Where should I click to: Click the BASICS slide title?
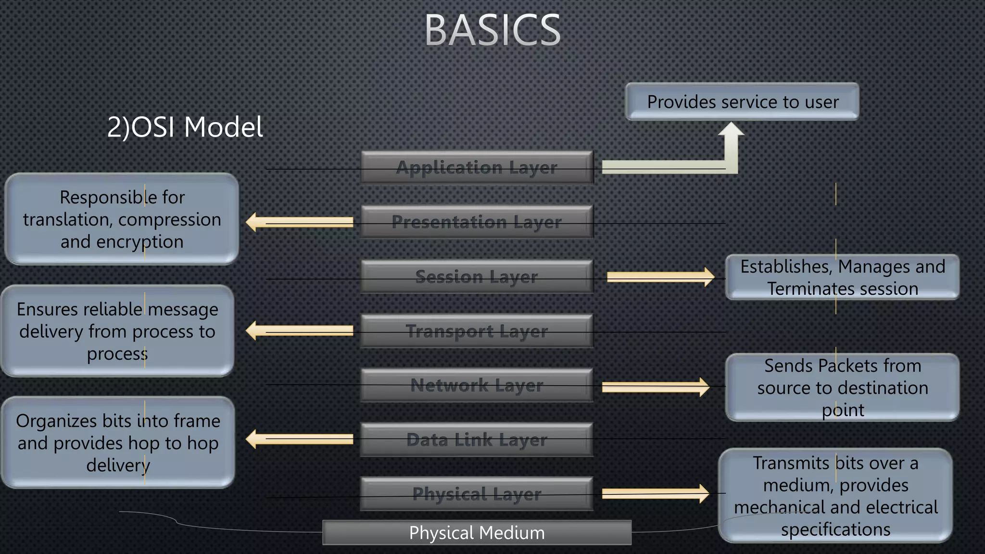(492, 31)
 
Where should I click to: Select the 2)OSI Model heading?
(185, 127)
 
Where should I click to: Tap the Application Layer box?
(477, 167)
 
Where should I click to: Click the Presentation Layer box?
(477, 222)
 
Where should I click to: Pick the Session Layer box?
(477, 277)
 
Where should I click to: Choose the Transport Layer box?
(477, 331)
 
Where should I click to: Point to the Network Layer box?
(477, 385)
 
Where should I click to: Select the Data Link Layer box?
(477, 440)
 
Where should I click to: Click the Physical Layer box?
(477, 494)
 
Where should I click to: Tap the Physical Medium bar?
(477, 533)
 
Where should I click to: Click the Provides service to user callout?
(742, 102)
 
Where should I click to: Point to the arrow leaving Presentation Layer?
(301, 222)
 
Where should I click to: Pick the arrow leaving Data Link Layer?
(301, 439)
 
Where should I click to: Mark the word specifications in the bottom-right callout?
(835, 529)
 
